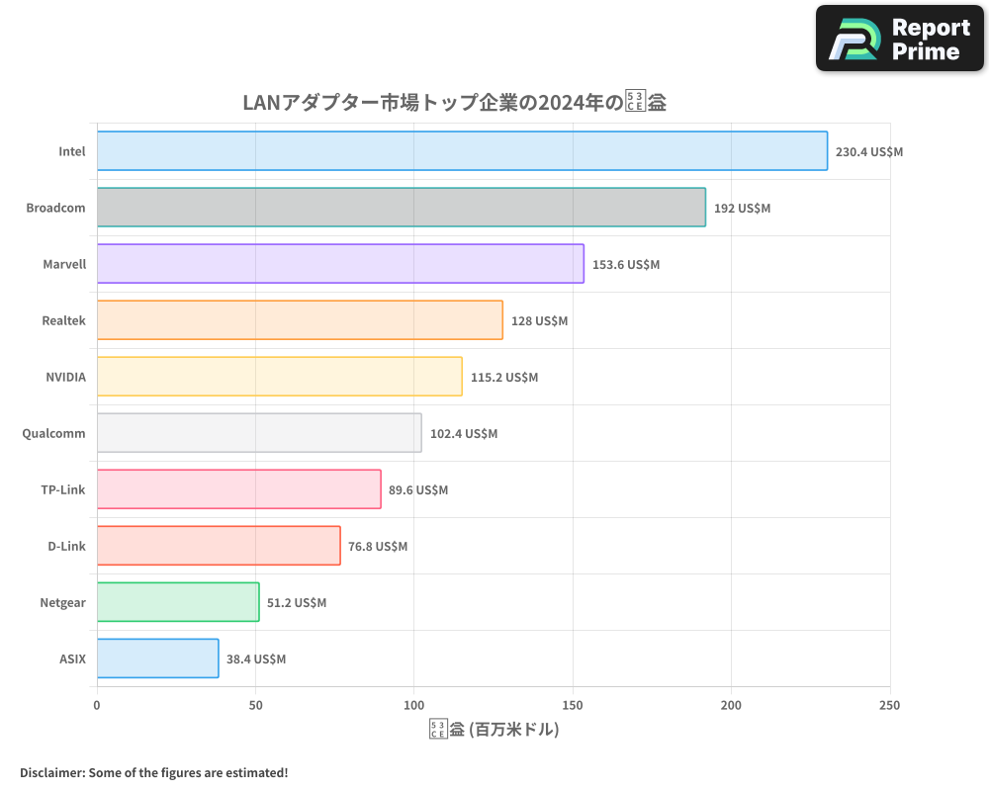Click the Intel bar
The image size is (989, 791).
click(x=462, y=151)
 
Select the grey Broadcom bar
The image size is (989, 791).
click(x=401, y=208)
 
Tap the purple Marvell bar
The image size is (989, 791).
click(x=340, y=264)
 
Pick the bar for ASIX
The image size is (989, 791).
click(x=157, y=659)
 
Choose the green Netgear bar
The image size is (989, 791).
click(x=178, y=602)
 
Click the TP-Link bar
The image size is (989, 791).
click(x=238, y=489)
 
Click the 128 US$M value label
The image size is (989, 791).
click(x=539, y=321)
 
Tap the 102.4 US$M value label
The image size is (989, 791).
click(x=463, y=434)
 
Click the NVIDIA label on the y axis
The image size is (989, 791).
click(x=65, y=378)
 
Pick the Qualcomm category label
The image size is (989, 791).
click(x=53, y=434)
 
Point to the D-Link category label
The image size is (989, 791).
click(x=66, y=547)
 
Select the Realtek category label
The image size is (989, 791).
click(x=63, y=321)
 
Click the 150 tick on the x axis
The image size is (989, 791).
click(x=573, y=705)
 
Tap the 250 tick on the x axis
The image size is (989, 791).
click(x=889, y=705)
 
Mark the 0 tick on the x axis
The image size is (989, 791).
click(x=97, y=705)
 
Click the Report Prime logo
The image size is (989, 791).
click(x=899, y=39)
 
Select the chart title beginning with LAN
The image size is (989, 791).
click(x=454, y=103)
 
